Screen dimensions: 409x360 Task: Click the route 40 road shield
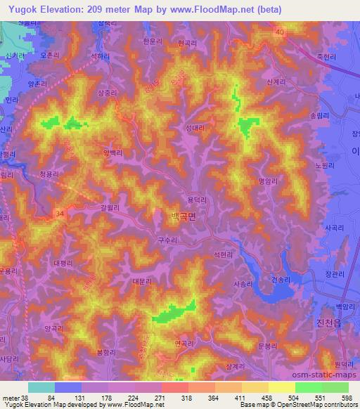(280, 32)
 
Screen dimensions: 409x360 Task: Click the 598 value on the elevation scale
(347, 397)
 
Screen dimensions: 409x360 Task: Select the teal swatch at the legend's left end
(41, 387)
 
